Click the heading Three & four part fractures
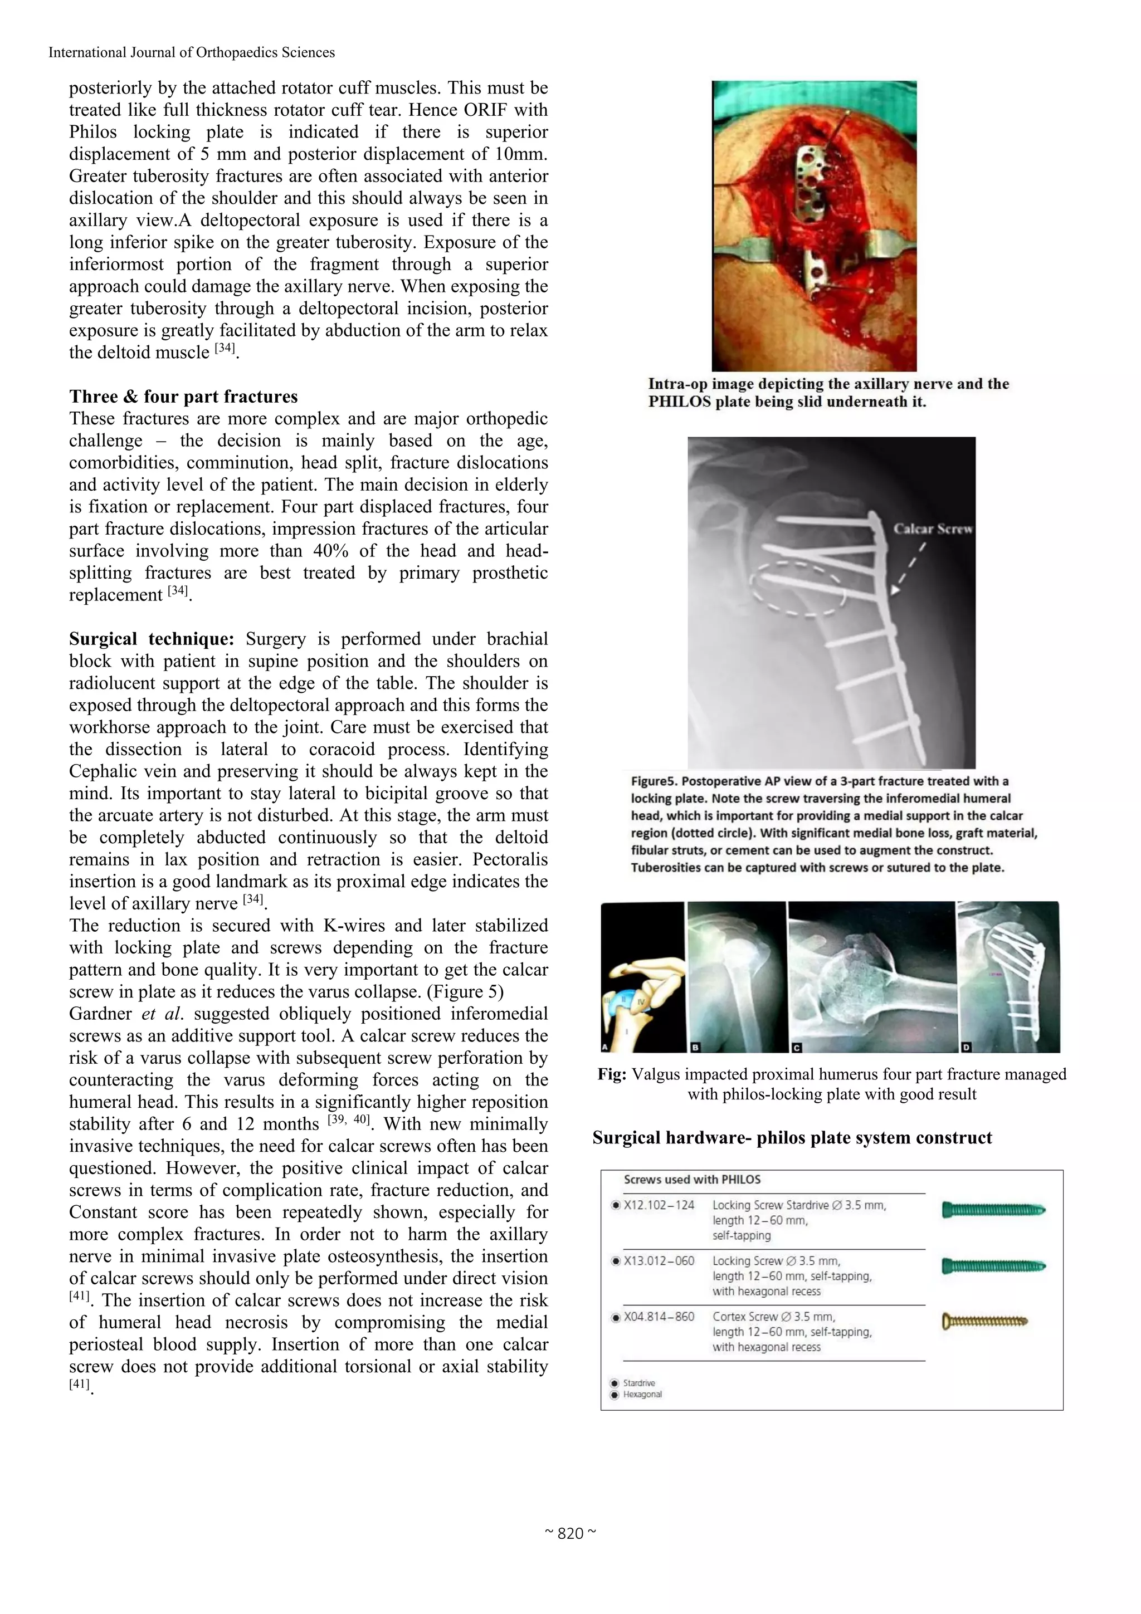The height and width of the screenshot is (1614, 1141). click(x=183, y=397)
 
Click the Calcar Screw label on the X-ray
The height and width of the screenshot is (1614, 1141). click(x=932, y=529)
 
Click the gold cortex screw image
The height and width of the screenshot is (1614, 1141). click(x=984, y=1322)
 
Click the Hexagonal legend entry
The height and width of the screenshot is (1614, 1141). click(x=642, y=1394)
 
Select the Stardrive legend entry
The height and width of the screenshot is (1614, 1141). click(x=638, y=1383)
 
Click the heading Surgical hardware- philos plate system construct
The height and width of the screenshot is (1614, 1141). click(x=792, y=1137)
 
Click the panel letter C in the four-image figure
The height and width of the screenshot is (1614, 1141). click(x=797, y=1046)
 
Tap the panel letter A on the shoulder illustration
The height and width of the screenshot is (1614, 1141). click(x=607, y=1046)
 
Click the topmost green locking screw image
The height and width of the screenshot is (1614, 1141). click(x=993, y=1210)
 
